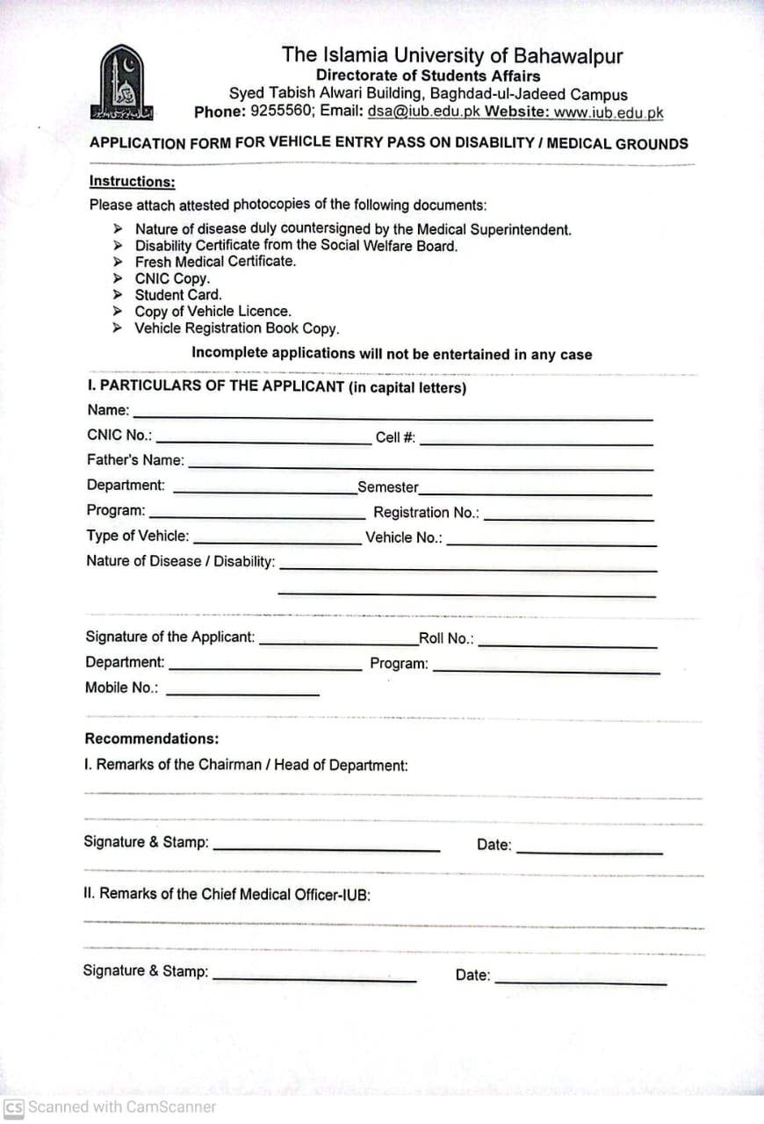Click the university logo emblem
[x=121, y=83]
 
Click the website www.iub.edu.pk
[x=608, y=112]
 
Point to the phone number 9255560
[x=281, y=112]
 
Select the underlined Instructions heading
[x=132, y=182]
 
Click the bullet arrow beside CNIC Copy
[x=118, y=278]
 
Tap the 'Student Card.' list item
[x=178, y=295]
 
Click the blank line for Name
[x=393, y=415]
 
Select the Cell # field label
[x=395, y=437]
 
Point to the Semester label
[x=387, y=487]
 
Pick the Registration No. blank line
[x=568, y=518]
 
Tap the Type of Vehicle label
[x=137, y=536]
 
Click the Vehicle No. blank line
[x=551, y=543]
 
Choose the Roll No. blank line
[x=567, y=645]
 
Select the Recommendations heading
[x=152, y=739]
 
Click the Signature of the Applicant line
[x=338, y=643]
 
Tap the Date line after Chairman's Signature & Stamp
[x=589, y=850]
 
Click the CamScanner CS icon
[x=14, y=1107]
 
